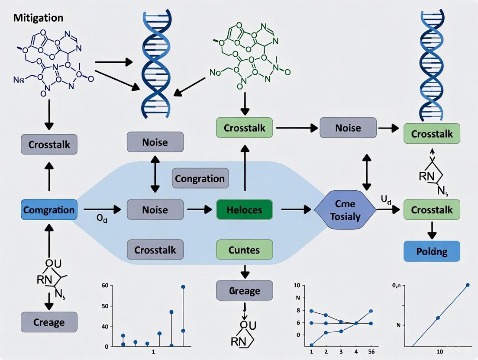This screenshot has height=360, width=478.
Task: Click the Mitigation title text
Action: (38, 18)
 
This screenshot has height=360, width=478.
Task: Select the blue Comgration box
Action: (49, 210)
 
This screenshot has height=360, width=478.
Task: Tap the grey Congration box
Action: (200, 178)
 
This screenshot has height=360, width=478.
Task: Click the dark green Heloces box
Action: (245, 210)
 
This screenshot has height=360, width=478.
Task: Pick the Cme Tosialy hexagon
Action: (345, 210)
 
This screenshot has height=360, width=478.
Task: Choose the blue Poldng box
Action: (432, 251)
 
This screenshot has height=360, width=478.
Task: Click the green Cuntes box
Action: (245, 250)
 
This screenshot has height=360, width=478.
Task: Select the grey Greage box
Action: (245, 291)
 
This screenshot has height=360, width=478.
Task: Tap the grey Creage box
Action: (49, 322)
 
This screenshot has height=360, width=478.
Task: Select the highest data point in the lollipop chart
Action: (183, 287)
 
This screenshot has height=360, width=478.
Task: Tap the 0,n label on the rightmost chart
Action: (397, 286)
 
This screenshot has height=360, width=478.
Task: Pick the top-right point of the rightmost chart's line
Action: (468, 285)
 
